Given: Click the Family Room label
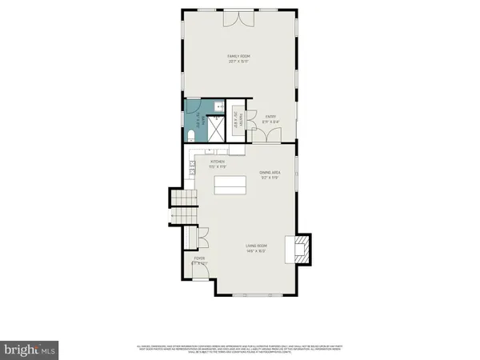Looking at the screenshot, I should point(240,55).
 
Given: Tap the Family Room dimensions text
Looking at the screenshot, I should point(240,61).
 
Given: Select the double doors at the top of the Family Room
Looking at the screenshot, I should point(240,16).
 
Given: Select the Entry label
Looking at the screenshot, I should point(270,117).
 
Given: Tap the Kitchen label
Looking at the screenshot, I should point(218,162).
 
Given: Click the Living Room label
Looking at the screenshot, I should point(256,247).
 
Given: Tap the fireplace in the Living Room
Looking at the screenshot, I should point(302,249).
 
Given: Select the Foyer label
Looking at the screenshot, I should point(198,258).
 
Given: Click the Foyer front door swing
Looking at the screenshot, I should point(202,271).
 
